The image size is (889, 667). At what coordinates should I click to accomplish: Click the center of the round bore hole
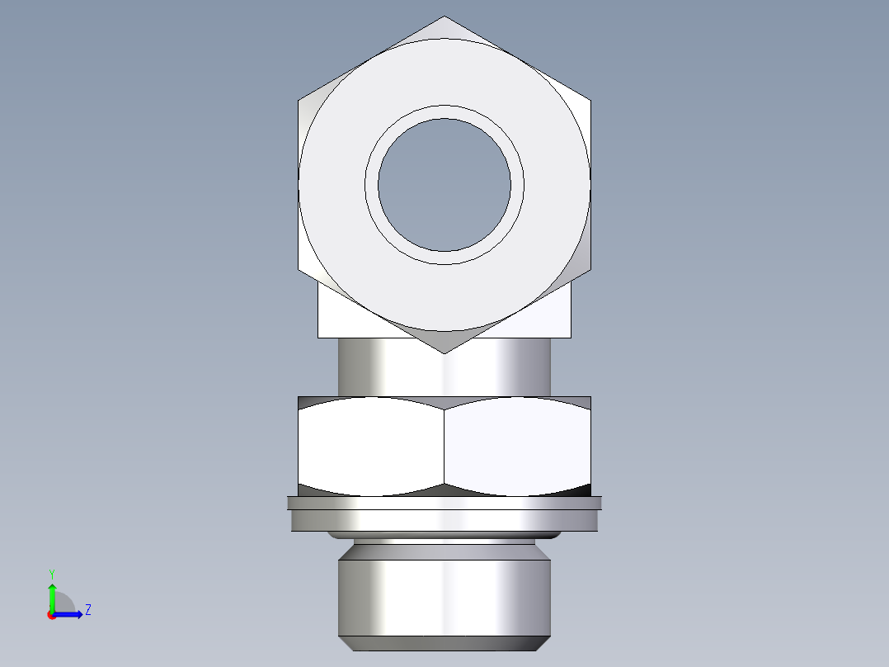point(444,184)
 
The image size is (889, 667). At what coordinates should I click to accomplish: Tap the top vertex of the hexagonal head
point(444,17)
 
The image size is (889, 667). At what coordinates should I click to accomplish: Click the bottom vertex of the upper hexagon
point(444,352)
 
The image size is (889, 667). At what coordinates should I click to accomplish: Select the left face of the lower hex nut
point(371,446)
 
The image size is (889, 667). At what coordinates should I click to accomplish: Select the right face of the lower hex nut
point(518,446)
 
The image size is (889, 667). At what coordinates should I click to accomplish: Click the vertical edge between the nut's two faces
point(444,446)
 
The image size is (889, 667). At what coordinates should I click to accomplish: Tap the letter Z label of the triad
point(87,610)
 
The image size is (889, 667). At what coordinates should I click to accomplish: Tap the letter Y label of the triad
point(51,573)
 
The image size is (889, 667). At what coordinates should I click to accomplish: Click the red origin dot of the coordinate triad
point(51,615)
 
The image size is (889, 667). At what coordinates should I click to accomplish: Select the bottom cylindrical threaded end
point(444,598)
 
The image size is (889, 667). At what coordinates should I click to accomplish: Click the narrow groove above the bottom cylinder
point(444,544)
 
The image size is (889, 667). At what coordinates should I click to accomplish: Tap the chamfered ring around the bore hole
point(444,112)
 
